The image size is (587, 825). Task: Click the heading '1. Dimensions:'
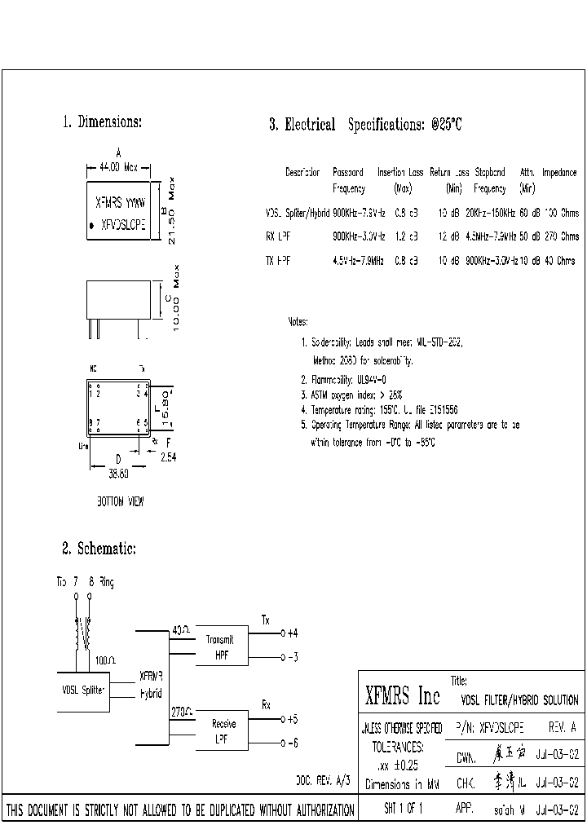pyautogui.click(x=103, y=122)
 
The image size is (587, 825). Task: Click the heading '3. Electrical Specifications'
pyautogui.click(x=366, y=125)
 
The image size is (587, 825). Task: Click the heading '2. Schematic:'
pyautogui.click(x=99, y=549)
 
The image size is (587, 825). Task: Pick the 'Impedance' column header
pyautogui.click(x=559, y=173)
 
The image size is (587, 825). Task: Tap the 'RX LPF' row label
pyautogui.click(x=277, y=237)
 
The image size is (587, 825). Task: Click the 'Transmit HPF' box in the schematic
pyautogui.click(x=220, y=646)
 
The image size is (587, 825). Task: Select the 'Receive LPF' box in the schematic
pyautogui.click(x=220, y=730)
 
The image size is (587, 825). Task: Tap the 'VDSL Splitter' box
pyautogui.click(x=83, y=690)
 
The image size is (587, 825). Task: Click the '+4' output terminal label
pyautogui.click(x=293, y=633)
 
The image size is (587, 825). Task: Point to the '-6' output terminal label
pyautogui.click(x=293, y=742)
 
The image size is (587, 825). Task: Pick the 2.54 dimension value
pyautogui.click(x=167, y=457)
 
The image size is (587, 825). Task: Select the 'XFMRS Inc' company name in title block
pyautogui.click(x=402, y=696)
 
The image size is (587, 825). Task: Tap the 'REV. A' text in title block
pyautogui.click(x=563, y=726)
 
